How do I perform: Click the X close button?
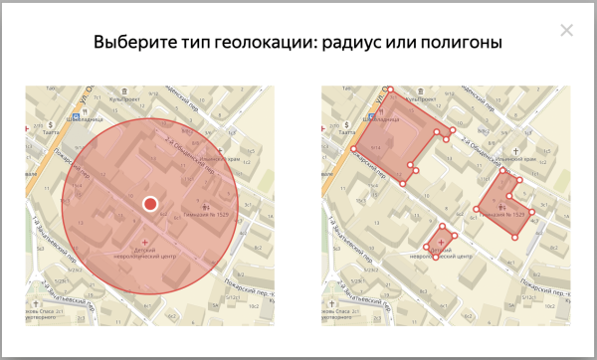[567, 30]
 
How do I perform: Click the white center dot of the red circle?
[150, 204]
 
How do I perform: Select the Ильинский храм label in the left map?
[228, 155]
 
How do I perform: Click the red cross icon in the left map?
[147, 242]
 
